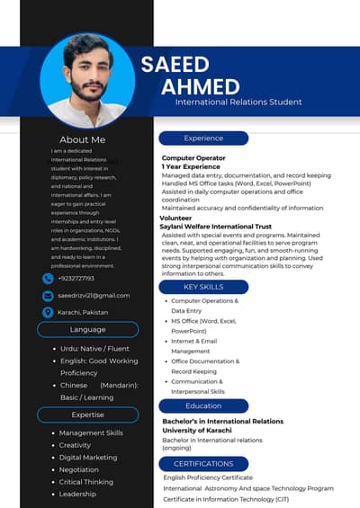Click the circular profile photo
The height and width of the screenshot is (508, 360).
point(87,81)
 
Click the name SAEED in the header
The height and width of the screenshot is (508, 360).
point(175,64)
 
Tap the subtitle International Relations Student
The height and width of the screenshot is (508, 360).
point(238,102)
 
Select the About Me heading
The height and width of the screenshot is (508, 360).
point(82,139)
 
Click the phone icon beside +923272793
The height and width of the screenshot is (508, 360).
point(48,279)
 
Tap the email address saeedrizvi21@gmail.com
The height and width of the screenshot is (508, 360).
point(94,295)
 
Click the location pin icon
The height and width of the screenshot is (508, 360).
point(48,312)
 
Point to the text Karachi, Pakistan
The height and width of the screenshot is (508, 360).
point(83,312)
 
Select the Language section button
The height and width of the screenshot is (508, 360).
point(87,330)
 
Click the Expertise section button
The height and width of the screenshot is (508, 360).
point(87,414)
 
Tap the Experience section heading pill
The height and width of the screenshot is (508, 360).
point(203,138)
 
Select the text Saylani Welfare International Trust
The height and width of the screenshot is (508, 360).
point(216,227)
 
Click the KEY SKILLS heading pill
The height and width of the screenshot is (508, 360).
point(203,286)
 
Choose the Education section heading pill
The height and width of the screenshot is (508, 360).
point(203,406)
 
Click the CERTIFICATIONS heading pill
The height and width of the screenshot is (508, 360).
point(203,463)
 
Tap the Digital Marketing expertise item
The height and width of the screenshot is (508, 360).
point(88,458)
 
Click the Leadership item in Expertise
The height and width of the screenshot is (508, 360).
point(77,494)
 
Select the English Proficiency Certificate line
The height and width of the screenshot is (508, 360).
point(208,477)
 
